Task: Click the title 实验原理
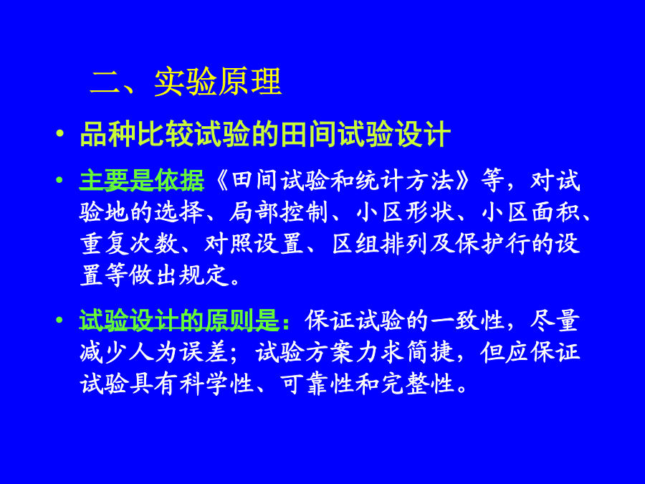pyautogui.click(x=218, y=82)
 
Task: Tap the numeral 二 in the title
pyautogui.click(x=105, y=82)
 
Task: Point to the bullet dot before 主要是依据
pyautogui.click(x=60, y=180)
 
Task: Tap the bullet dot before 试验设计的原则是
pyautogui.click(x=60, y=320)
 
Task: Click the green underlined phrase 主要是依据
pyautogui.click(x=141, y=180)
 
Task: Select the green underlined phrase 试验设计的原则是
pyautogui.click(x=179, y=321)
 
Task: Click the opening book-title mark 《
pyautogui.click(x=222, y=180)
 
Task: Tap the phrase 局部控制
pyautogui.click(x=278, y=212)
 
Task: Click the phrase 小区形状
pyautogui.click(x=405, y=212)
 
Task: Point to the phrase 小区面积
pyautogui.click(x=530, y=212)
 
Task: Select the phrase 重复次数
pyautogui.click(x=129, y=244)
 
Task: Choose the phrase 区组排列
pyautogui.click(x=380, y=244)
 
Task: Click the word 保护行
pyautogui.click(x=493, y=244)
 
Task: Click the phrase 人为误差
pyautogui.click(x=178, y=352)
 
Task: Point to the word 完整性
pyautogui.click(x=418, y=384)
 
